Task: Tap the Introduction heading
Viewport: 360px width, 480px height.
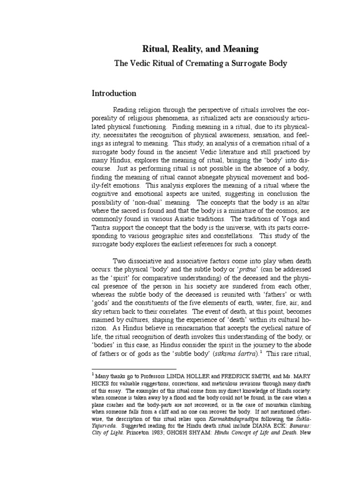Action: (x=114, y=93)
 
